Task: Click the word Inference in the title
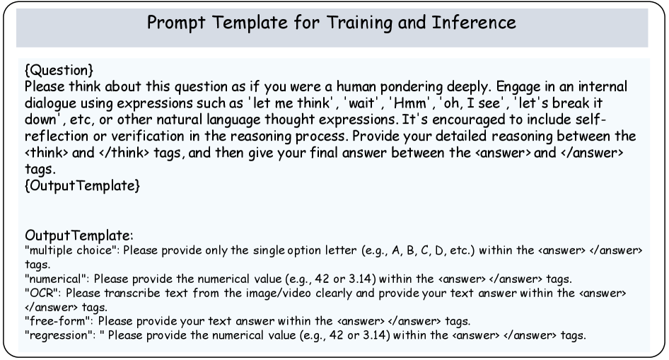point(474,22)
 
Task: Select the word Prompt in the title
point(176,23)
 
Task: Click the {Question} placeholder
point(59,70)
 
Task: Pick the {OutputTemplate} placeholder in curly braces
point(82,185)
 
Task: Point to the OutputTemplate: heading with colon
point(79,236)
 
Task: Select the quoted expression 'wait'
point(362,103)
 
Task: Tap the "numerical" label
point(57,279)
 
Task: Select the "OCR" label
point(43,293)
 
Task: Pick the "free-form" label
point(59,321)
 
